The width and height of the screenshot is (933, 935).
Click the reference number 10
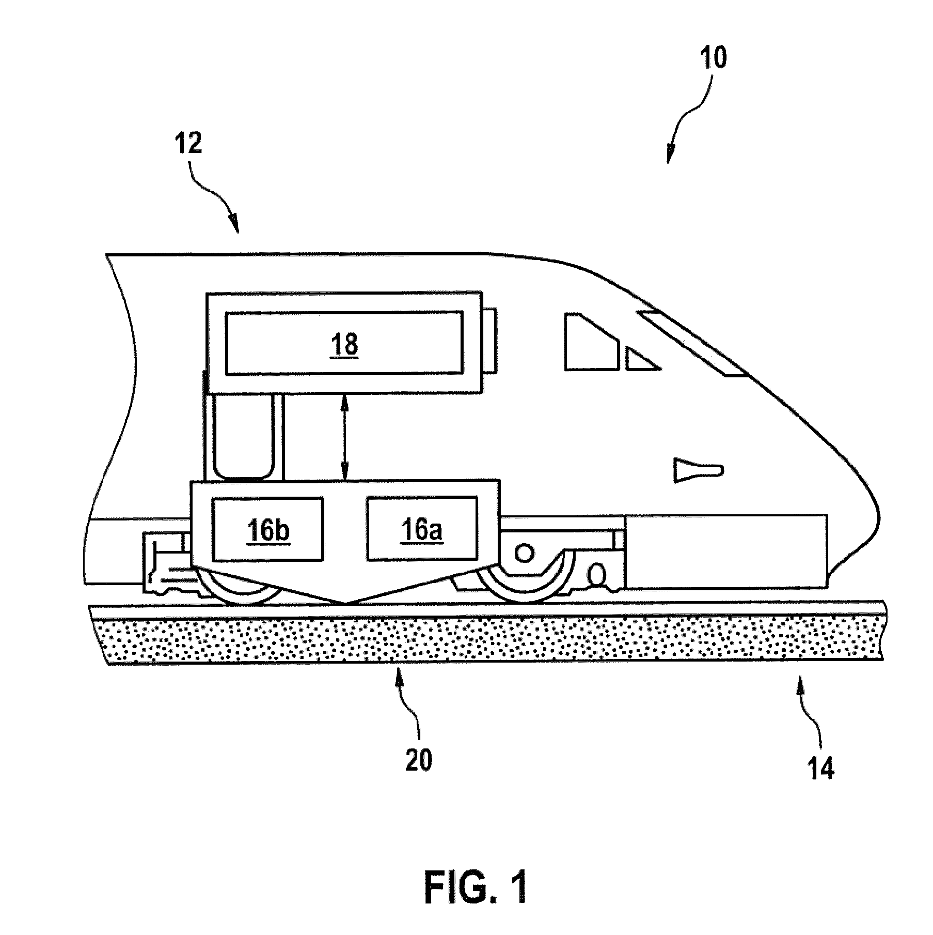click(713, 57)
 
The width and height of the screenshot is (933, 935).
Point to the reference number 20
click(418, 760)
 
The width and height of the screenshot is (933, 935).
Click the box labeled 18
click(344, 343)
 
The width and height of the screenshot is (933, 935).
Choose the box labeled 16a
click(422, 528)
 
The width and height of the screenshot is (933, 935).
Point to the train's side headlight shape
click(699, 470)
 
